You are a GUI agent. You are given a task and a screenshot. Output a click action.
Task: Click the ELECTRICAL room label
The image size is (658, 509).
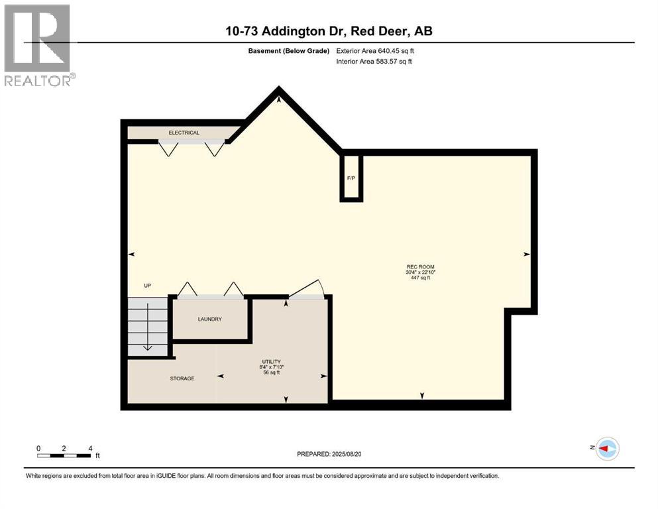click(184, 133)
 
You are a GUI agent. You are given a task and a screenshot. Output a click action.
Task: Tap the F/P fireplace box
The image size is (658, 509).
click(351, 178)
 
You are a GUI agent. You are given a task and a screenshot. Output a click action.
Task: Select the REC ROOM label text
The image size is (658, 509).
click(421, 266)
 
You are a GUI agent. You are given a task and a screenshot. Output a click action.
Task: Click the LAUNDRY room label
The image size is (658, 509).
click(209, 319)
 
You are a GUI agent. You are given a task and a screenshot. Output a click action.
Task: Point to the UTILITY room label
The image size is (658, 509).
click(272, 362)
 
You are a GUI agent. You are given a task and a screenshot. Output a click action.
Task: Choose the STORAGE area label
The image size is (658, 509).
click(182, 378)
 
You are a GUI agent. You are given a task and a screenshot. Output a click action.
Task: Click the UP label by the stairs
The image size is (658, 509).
click(148, 286)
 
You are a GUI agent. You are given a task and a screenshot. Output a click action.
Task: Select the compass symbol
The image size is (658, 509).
click(606, 449)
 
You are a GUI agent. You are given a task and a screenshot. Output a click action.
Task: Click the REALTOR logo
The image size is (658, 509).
click(38, 45)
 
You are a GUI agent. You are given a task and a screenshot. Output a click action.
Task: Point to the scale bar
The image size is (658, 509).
click(64, 455)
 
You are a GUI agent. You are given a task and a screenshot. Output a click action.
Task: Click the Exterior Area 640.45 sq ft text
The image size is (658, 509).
click(375, 50)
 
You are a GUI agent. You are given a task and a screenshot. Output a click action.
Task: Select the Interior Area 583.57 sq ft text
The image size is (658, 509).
click(374, 62)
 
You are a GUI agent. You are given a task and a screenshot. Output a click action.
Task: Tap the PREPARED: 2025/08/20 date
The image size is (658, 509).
click(329, 454)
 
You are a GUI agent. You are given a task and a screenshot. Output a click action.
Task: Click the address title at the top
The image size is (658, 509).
click(328, 31)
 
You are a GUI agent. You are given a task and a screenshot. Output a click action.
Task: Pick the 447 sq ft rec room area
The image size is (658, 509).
click(421, 278)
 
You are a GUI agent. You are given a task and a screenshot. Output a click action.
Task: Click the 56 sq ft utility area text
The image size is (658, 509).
click(272, 373)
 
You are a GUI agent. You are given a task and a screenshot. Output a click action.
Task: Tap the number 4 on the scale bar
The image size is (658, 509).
click(89, 448)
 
